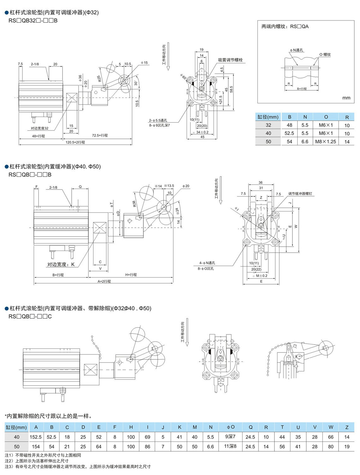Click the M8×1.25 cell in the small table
point(325,142)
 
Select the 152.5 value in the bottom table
point(36,437)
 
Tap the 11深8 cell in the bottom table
point(231,447)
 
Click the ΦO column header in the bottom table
point(231,427)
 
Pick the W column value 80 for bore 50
point(331,447)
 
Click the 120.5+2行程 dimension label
point(75,142)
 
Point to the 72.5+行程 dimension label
point(100,135)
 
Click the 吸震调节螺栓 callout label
point(230,60)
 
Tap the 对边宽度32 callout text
point(39,128)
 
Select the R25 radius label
point(99,79)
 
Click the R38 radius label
point(134,204)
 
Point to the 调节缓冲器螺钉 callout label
point(300,194)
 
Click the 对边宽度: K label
point(61,264)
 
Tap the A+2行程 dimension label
point(104,281)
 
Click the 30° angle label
point(136,83)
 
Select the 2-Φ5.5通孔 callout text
point(158,120)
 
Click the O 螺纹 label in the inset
point(325,55)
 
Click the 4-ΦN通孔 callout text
point(207,263)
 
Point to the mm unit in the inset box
point(346,98)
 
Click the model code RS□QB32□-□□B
point(33,21)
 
